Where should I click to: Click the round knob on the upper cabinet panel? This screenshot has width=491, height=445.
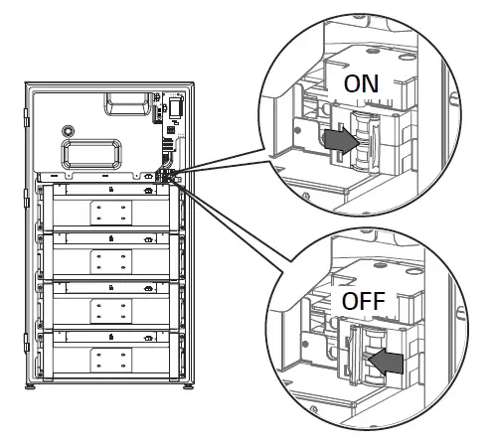pyautogui.click(x=67, y=130)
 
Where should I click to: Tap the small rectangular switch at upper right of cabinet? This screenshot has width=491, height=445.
pyautogui.click(x=173, y=106)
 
